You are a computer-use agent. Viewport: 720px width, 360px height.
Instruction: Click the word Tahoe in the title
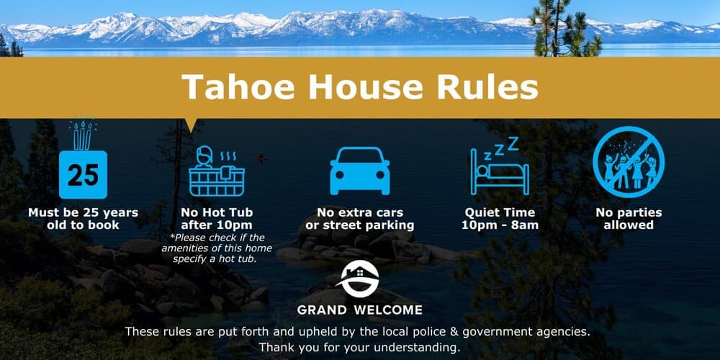pos(238,86)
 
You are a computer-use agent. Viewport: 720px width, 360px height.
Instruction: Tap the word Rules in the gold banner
pos(487,86)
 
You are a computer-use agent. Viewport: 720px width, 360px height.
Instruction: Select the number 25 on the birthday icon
pos(83,175)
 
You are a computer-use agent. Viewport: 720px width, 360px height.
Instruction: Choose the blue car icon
pos(360,171)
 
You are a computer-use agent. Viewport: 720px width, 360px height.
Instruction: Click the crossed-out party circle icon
pos(628,162)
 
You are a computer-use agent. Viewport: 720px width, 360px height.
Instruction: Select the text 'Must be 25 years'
pos(83,212)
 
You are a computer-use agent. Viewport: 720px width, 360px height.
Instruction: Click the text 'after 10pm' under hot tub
pos(217,225)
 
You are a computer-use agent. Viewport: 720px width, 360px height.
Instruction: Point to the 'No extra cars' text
pos(360,212)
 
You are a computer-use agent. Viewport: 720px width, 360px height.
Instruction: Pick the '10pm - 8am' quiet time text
pos(500,225)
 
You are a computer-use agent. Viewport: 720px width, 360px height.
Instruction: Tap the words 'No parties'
pos(629,212)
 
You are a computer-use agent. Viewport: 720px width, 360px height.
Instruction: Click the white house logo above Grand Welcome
pos(359,279)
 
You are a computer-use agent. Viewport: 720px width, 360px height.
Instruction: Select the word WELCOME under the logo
pos(388,310)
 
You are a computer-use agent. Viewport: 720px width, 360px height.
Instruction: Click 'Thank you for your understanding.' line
pos(359,348)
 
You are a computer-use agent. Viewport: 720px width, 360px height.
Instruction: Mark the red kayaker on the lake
pos(261,158)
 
